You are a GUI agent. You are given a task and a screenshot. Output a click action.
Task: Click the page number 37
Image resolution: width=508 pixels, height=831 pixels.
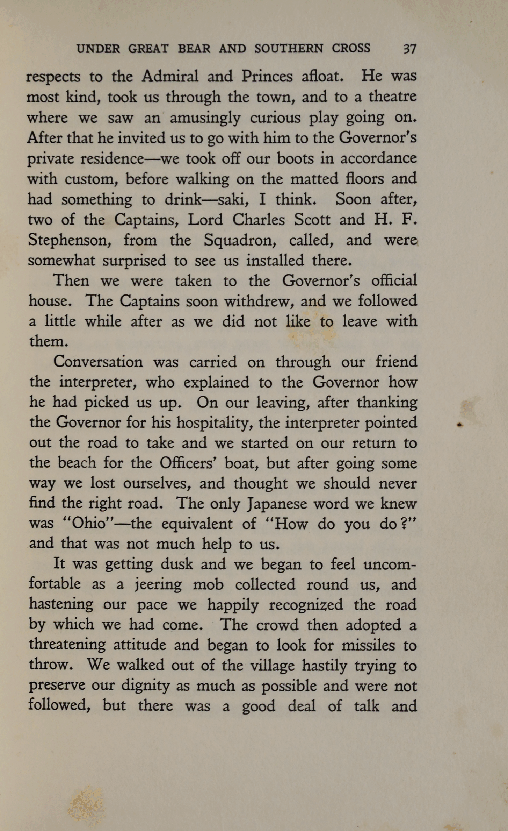coord(409,48)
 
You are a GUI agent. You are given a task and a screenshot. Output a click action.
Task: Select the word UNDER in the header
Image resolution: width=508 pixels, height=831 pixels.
coord(98,48)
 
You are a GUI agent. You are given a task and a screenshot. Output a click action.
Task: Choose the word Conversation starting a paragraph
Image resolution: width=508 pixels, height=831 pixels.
coord(98,362)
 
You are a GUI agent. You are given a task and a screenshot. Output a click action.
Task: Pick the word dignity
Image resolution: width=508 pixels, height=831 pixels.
coord(145,686)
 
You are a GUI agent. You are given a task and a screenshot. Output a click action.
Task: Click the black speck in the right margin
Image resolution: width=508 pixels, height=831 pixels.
coord(460,425)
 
